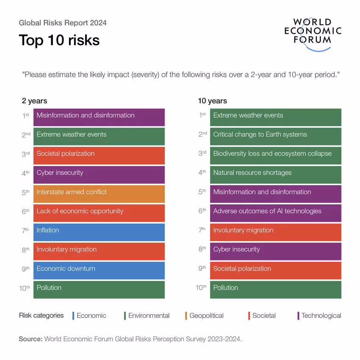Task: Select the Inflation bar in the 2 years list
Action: click(x=99, y=232)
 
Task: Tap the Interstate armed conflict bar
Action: click(x=99, y=194)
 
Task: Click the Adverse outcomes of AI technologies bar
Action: click(x=276, y=213)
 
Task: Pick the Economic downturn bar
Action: click(x=99, y=271)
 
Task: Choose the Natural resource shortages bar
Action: click(x=276, y=175)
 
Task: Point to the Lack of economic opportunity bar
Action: click(x=99, y=213)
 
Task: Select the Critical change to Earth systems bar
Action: click(x=276, y=136)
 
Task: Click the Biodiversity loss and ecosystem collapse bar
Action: click(x=276, y=156)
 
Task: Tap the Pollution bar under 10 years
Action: click(x=276, y=290)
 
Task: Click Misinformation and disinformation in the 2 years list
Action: click(x=99, y=117)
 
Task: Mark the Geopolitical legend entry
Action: click(x=204, y=316)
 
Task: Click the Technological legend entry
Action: click(x=319, y=316)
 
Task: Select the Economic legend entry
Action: click(x=89, y=316)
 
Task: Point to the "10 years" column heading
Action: click(x=212, y=101)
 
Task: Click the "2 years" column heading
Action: click(x=34, y=101)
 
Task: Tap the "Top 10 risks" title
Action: click(x=59, y=40)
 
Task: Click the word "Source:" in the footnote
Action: click(x=30, y=339)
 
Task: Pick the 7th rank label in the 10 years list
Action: click(x=202, y=230)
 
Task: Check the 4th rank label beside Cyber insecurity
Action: click(x=25, y=173)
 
